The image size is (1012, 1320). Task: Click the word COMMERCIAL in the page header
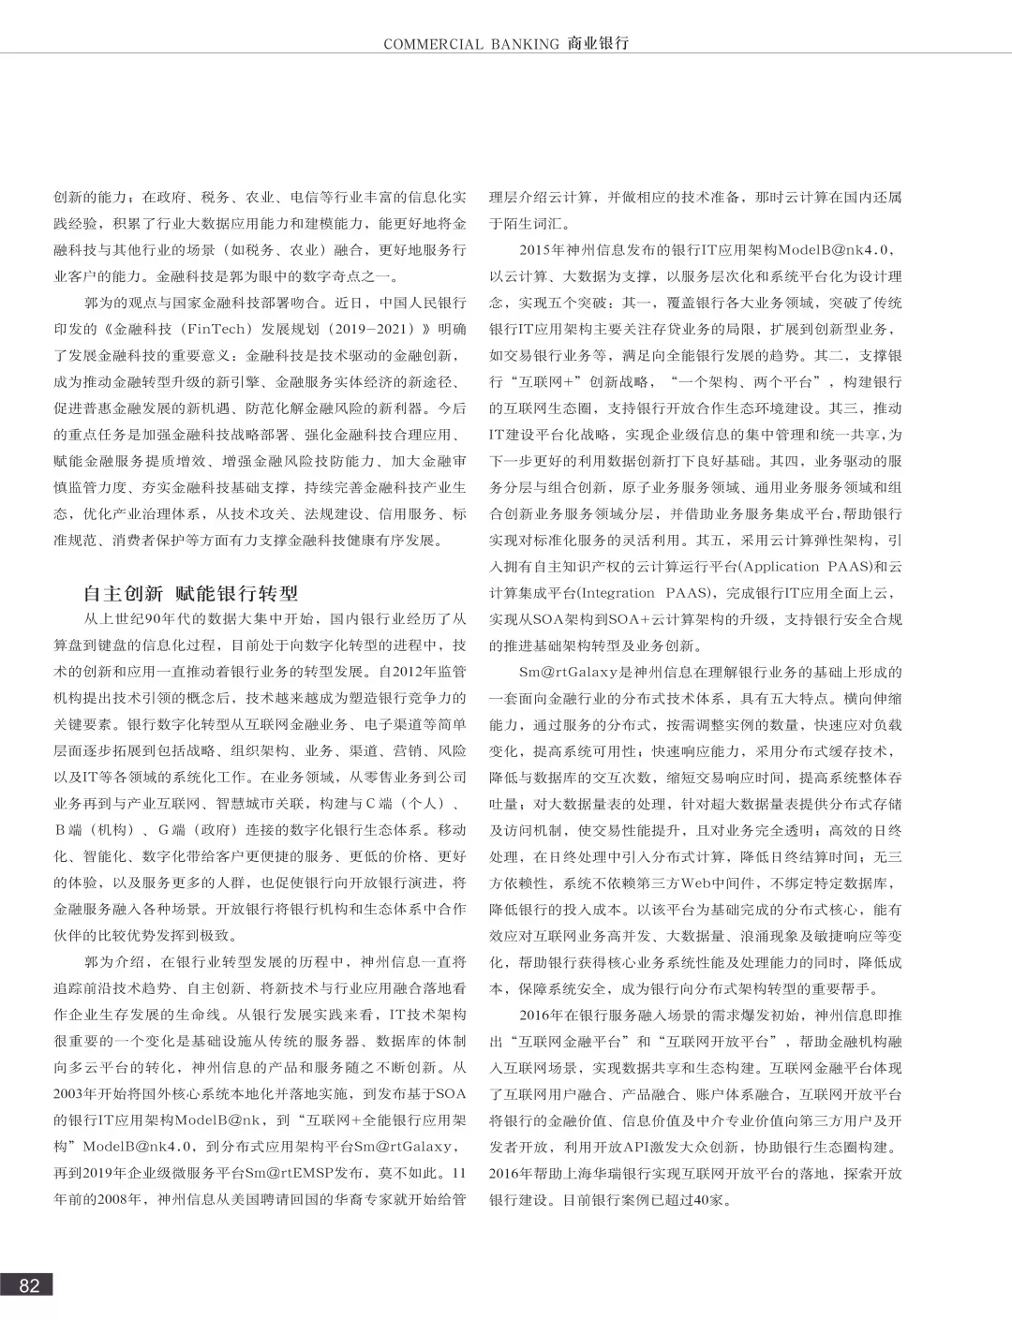click(x=433, y=44)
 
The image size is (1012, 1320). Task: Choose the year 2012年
click(x=408, y=672)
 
